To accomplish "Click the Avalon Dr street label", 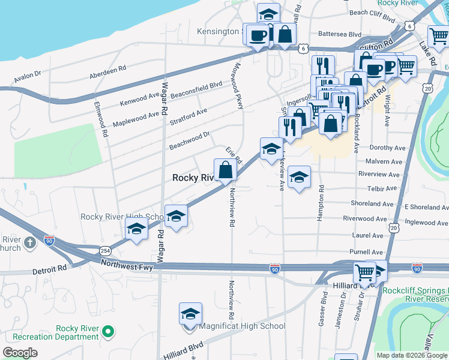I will [x=27, y=73].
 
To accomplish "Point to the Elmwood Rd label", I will [x=100, y=119].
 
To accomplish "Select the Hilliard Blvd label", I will [x=182, y=351].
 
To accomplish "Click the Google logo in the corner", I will [x=20, y=353].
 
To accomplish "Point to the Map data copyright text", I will [x=412, y=355].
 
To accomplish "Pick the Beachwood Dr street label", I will [x=190, y=142].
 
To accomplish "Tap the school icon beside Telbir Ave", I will [x=298, y=177].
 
